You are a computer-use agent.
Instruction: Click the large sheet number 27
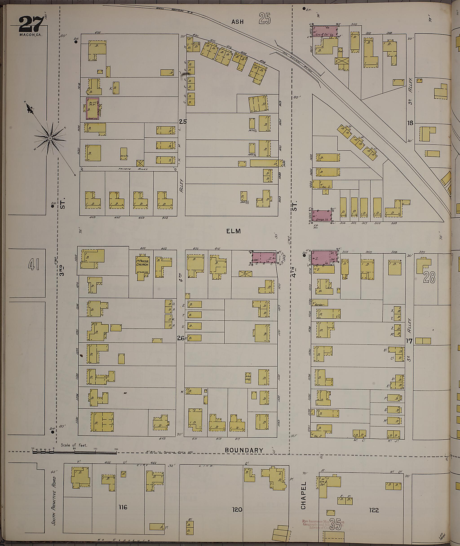click(x=31, y=24)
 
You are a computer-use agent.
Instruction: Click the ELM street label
click(x=233, y=231)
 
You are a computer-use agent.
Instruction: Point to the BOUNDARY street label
click(x=244, y=450)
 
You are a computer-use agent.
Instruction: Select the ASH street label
click(x=237, y=22)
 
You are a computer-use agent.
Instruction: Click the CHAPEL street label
click(x=303, y=495)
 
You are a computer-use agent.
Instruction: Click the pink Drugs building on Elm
click(x=322, y=216)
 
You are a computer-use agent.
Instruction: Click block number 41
click(x=34, y=266)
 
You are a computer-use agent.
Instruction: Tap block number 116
click(x=123, y=507)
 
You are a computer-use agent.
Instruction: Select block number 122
click(x=374, y=510)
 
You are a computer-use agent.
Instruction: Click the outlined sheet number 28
click(x=429, y=277)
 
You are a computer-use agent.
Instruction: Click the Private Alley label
click(x=133, y=169)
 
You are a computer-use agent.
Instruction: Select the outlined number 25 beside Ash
click(x=265, y=19)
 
